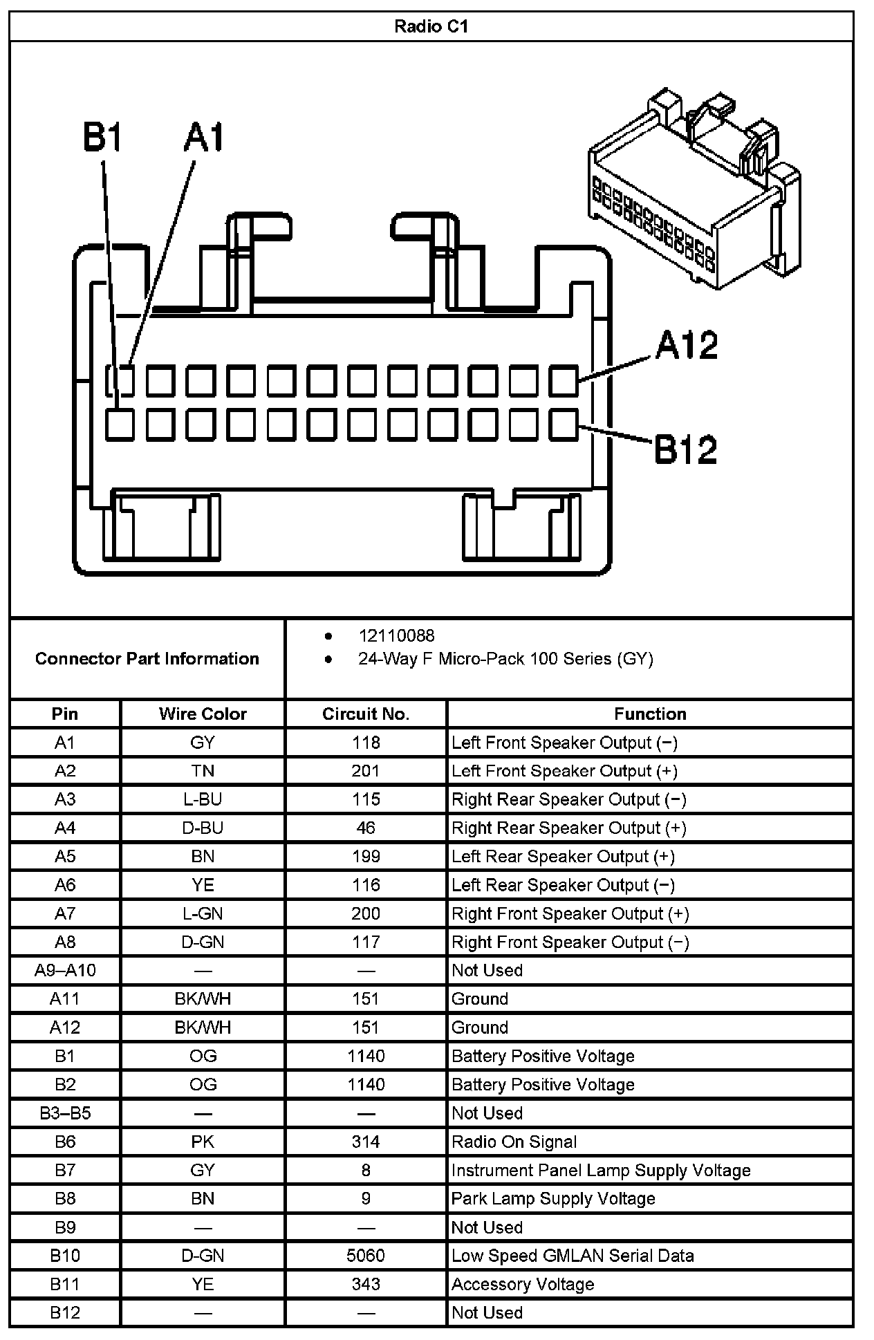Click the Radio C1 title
[431, 26]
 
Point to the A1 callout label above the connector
[204, 138]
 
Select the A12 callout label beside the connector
[687, 345]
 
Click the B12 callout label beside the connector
[685, 450]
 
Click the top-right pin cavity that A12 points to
[564, 381]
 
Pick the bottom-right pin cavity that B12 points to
[564, 425]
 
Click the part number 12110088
[396, 635]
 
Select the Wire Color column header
[203, 714]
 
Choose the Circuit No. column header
[366, 714]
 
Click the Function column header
[650, 714]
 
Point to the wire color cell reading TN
[203, 771]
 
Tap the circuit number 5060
[366, 1256]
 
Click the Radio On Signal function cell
[514, 1142]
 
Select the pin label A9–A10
[65, 970]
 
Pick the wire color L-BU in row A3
[203, 799]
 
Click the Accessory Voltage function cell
[523, 1284]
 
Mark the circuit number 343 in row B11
[366, 1284]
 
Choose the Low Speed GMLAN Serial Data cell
[573, 1256]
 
